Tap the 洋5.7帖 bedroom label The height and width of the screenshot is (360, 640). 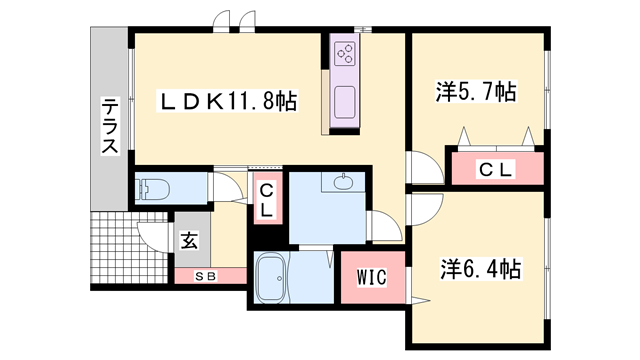tap(476, 93)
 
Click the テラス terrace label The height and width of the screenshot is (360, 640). tap(109, 126)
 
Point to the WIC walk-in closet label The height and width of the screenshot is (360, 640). tap(374, 274)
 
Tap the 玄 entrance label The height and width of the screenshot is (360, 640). tap(188, 240)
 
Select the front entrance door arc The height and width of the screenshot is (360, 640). tap(153, 232)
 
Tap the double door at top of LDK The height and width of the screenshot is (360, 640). tap(231, 21)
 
